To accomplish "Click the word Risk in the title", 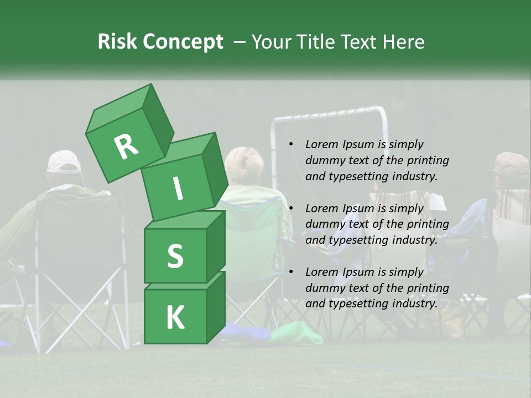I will tap(118, 42).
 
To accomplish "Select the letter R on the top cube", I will tap(126, 146).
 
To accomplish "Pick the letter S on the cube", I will tap(175, 256).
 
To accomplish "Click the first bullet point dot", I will tap(291, 145).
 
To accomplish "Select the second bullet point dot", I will tap(291, 208).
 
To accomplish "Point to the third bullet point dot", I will tap(291, 272).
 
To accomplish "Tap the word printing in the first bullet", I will tap(428, 160).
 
